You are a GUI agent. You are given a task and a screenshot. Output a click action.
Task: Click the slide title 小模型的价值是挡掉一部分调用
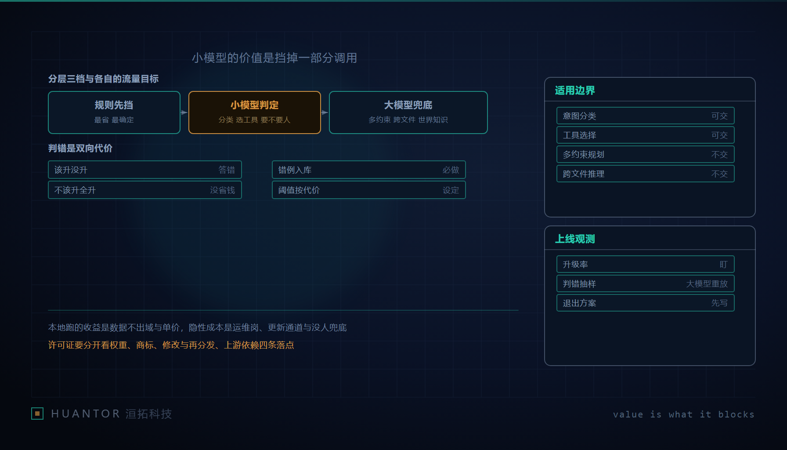tap(274, 58)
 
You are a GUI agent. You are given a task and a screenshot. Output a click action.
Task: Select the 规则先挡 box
tap(114, 112)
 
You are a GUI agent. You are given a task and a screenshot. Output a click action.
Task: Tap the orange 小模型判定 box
tap(255, 112)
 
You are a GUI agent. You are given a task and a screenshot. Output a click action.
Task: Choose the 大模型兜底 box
tap(408, 112)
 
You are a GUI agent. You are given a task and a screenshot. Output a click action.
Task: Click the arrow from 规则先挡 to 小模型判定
tap(184, 112)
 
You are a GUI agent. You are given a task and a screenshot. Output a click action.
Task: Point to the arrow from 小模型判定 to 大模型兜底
tap(325, 112)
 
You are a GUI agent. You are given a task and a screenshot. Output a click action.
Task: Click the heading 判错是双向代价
tap(80, 149)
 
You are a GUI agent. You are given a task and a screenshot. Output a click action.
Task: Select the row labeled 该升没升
tap(145, 170)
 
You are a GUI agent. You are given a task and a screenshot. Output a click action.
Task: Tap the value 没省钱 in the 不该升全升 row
tap(222, 190)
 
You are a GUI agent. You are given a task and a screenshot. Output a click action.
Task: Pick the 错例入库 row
tap(369, 170)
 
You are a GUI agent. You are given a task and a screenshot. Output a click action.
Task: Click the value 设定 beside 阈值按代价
tap(451, 190)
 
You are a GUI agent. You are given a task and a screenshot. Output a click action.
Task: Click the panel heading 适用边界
tap(575, 91)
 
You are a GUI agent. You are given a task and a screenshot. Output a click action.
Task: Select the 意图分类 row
tap(646, 116)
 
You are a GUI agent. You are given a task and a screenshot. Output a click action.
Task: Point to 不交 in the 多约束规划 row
tap(719, 155)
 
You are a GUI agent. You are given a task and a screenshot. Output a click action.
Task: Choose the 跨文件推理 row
tap(646, 174)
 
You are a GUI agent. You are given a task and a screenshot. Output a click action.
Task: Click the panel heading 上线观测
tap(575, 239)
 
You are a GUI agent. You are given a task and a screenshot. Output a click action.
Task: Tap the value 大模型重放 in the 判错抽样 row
tap(707, 284)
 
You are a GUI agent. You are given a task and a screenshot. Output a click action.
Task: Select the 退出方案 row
tap(646, 303)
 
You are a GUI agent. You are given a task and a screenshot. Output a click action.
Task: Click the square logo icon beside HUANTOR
tap(37, 414)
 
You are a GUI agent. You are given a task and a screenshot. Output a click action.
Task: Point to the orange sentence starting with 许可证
tap(171, 345)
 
